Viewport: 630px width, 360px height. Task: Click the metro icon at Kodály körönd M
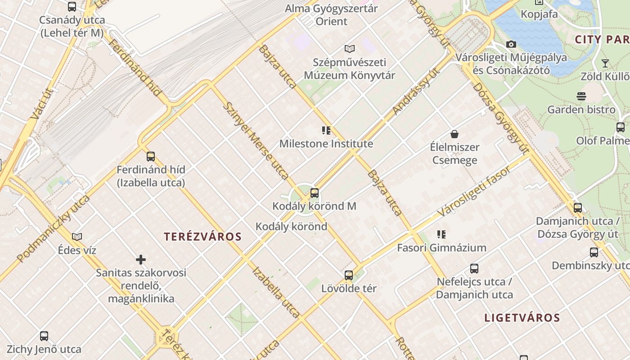click(x=315, y=193)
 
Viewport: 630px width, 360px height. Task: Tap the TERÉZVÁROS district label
click(x=202, y=237)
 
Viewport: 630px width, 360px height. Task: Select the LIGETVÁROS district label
click(x=522, y=318)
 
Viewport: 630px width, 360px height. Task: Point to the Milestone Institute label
click(x=326, y=144)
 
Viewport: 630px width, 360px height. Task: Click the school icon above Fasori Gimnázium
click(x=441, y=234)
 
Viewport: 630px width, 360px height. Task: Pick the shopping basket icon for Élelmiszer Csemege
click(x=454, y=134)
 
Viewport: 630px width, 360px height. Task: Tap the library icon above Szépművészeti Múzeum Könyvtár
click(x=349, y=49)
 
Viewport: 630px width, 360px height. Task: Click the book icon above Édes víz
click(x=77, y=237)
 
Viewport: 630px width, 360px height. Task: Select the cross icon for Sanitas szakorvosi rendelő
click(x=141, y=260)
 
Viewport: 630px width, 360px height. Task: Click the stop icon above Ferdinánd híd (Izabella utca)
click(x=151, y=157)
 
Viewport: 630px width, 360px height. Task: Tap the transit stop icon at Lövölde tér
click(x=349, y=275)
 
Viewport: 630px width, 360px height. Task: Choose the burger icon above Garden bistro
click(x=581, y=96)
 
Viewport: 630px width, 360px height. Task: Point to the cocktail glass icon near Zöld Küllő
click(x=605, y=63)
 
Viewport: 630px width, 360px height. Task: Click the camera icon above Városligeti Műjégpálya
click(x=511, y=44)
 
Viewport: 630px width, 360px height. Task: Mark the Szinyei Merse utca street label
click(x=256, y=140)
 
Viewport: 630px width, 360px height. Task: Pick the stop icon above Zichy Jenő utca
click(x=44, y=336)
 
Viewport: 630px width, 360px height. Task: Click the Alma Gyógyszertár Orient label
click(x=332, y=15)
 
